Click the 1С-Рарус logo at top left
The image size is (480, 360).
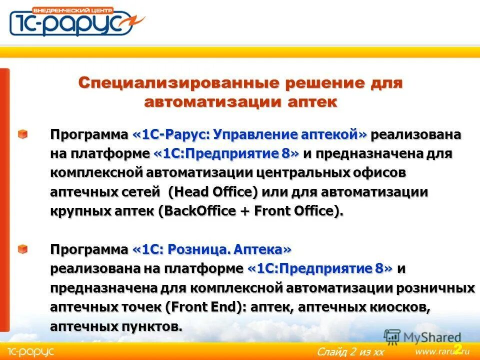coord(75,21)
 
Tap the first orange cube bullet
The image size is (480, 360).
coord(23,134)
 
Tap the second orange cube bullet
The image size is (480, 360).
coord(23,248)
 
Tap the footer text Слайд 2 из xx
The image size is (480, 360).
coord(350,352)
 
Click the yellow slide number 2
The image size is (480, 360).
coord(457,348)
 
